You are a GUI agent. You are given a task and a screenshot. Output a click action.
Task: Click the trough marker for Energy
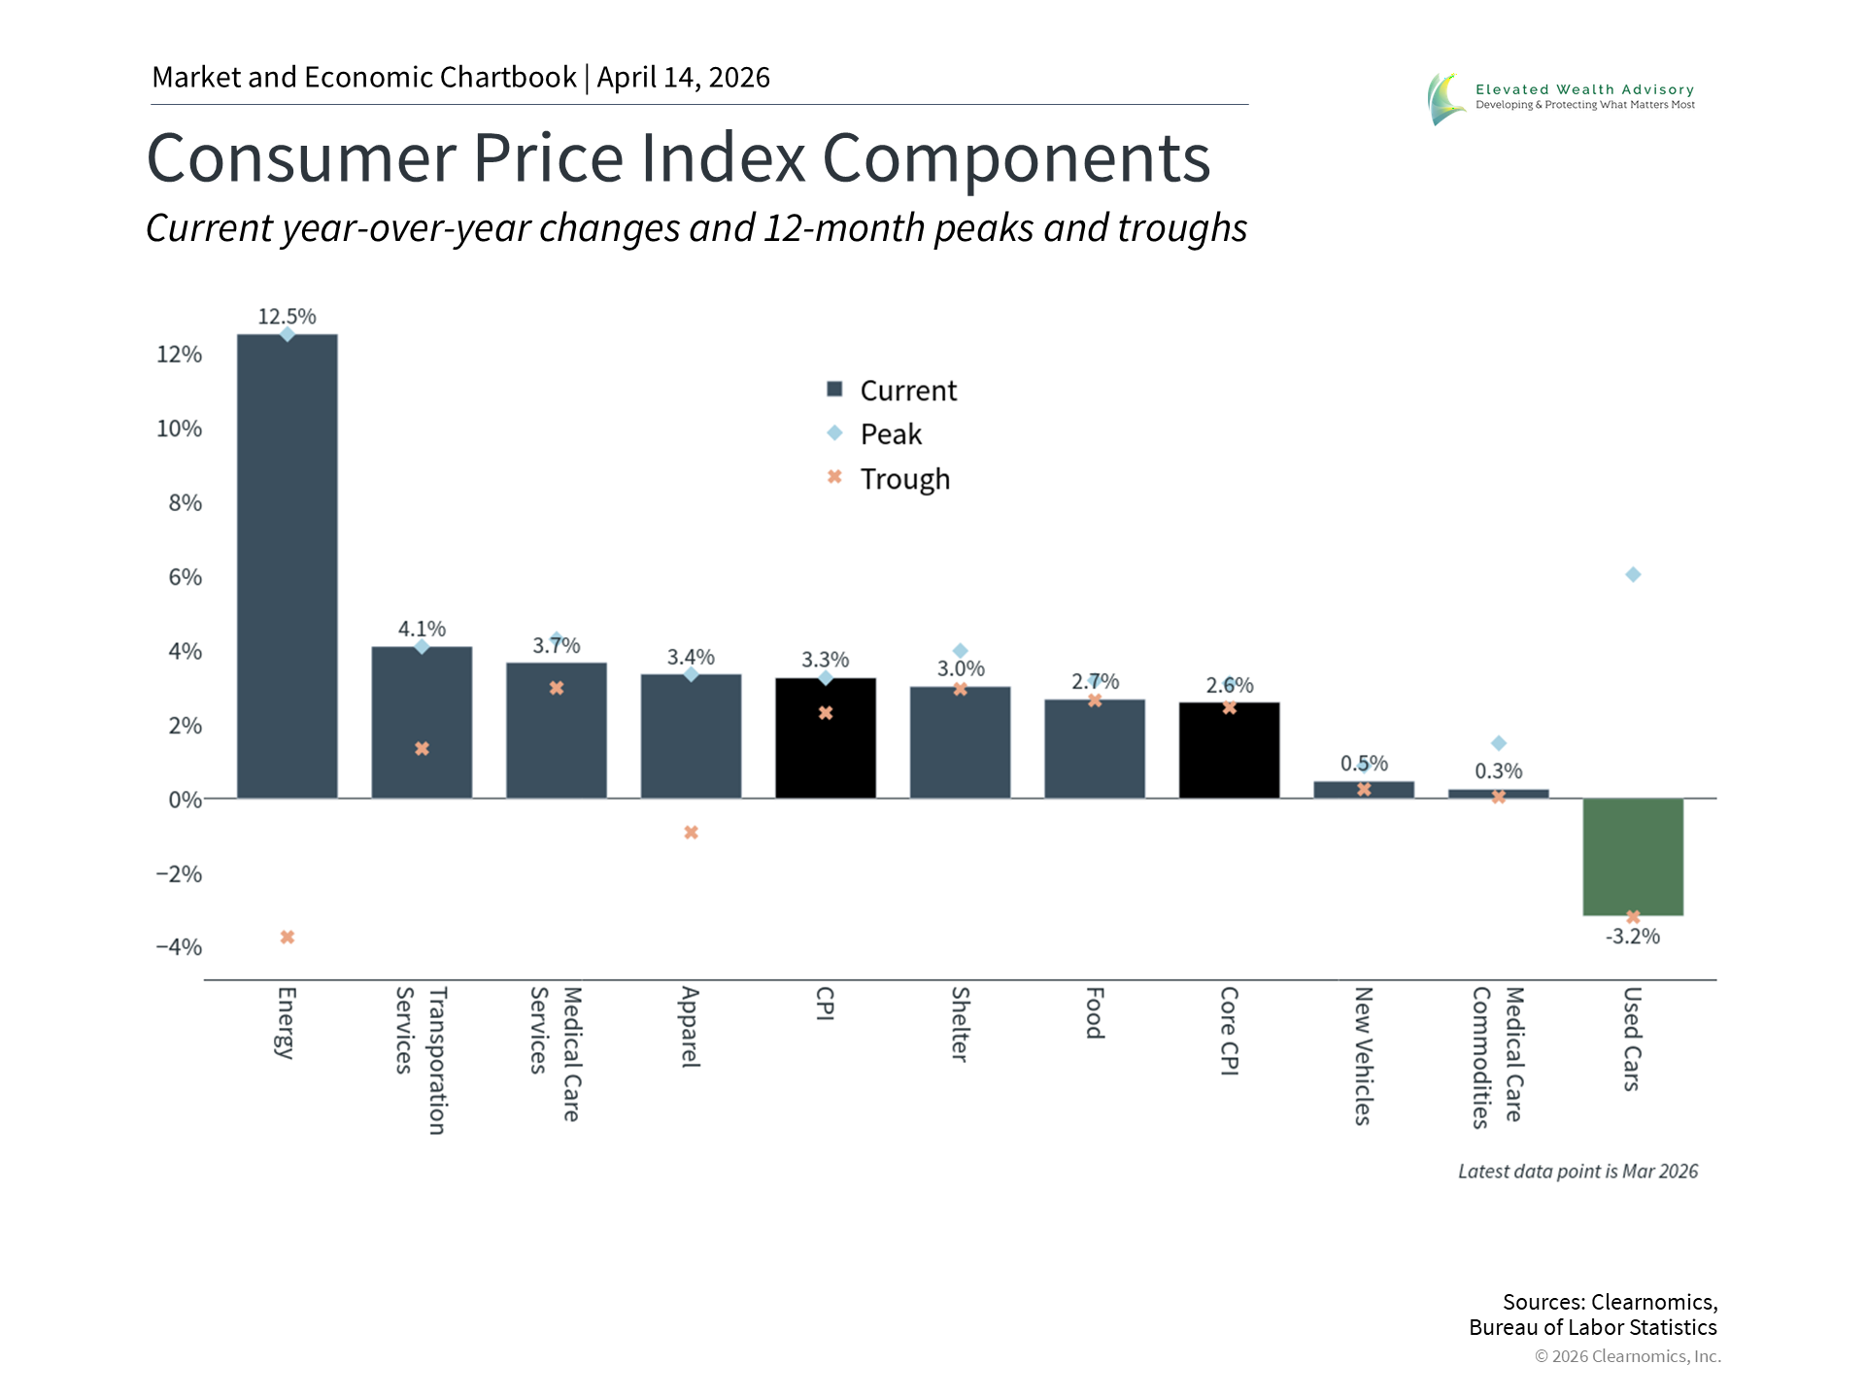[x=288, y=938]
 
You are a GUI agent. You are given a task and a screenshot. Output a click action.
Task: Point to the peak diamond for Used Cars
[x=1633, y=575]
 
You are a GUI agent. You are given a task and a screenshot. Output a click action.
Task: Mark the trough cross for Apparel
[x=691, y=833]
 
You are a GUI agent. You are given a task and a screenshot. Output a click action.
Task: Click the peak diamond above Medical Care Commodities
[x=1499, y=743]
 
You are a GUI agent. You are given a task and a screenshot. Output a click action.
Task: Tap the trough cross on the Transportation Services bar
[x=422, y=749]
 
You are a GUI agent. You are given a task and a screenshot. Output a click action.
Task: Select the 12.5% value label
[x=287, y=317]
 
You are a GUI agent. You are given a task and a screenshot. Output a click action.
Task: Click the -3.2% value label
[x=1632, y=937]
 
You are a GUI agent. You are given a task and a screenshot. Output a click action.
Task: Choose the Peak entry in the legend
[x=890, y=434]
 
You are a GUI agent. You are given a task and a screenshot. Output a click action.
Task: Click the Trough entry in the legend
[x=903, y=479]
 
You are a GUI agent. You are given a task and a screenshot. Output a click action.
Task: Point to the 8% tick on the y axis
[x=185, y=503]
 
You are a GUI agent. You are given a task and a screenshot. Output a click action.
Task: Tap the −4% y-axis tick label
[x=179, y=947]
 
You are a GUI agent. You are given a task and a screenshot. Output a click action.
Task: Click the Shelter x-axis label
[x=960, y=1024]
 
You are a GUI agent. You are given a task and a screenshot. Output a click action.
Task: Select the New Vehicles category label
[x=1363, y=1055]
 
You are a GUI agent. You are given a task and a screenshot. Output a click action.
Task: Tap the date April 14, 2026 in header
[x=683, y=78]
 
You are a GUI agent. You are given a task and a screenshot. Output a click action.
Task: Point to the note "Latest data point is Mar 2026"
[x=1577, y=1172]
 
